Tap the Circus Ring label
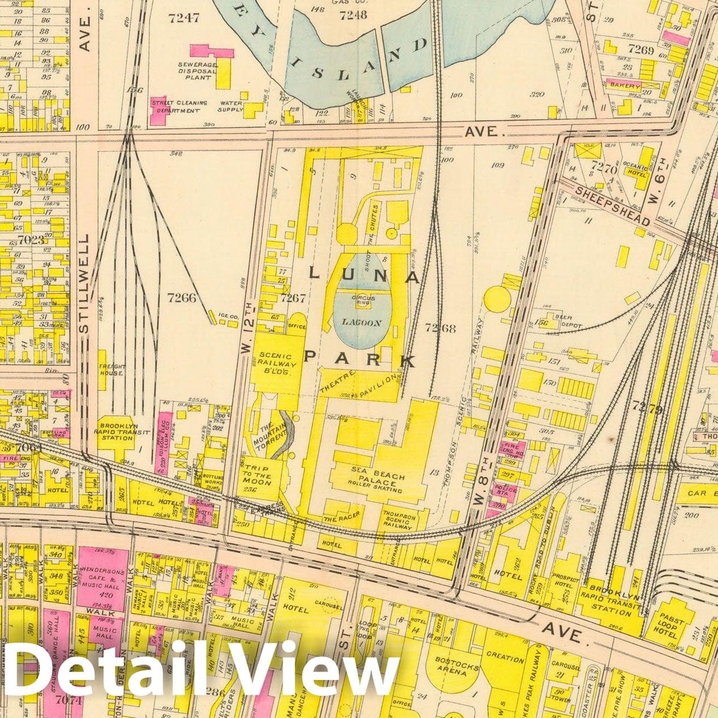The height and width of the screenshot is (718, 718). click(x=360, y=300)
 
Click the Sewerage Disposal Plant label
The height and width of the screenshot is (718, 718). click(x=194, y=71)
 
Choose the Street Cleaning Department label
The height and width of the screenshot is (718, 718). click(x=179, y=107)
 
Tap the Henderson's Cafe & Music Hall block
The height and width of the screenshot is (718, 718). click(x=103, y=579)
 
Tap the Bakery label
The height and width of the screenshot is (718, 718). click(x=624, y=86)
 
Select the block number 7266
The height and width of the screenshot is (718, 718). click(x=182, y=297)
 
